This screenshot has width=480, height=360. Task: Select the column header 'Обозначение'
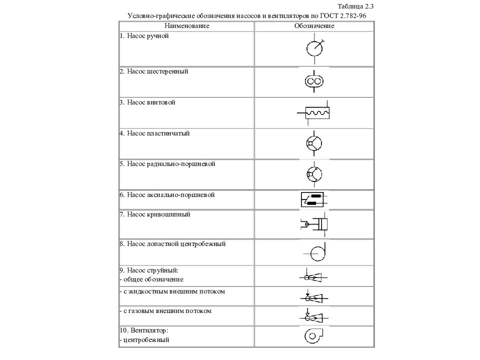point(314,25)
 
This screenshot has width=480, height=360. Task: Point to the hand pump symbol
point(314,48)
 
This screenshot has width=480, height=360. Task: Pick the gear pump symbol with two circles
point(314,81)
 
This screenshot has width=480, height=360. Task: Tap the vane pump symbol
point(314,144)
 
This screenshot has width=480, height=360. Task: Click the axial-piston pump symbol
point(313,199)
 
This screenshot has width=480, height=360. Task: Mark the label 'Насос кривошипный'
point(158,214)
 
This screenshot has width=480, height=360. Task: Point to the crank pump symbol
point(315,224)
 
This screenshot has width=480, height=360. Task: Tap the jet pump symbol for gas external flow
point(313,316)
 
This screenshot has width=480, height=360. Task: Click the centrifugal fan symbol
point(313,336)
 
